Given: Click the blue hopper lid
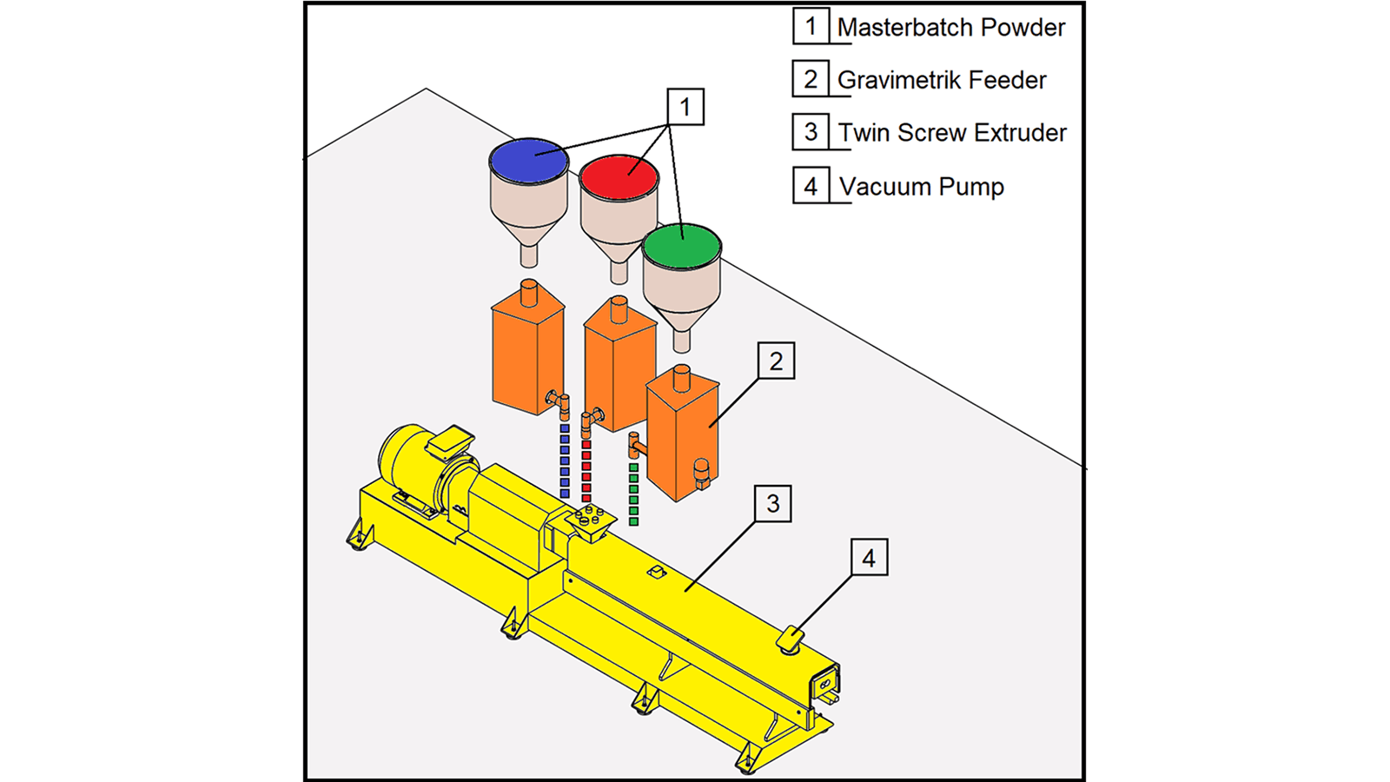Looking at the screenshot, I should click(528, 160).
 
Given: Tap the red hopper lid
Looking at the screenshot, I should click(619, 176).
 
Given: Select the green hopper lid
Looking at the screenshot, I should click(682, 245).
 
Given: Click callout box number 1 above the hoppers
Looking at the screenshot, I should click(685, 107).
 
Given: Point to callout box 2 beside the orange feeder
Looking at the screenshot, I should click(776, 361).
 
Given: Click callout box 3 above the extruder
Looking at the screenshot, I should click(772, 504).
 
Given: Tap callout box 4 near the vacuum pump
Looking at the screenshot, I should click(868, 558).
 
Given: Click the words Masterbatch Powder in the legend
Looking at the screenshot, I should click(950, 28).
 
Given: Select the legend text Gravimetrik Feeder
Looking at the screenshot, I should click(942, 81).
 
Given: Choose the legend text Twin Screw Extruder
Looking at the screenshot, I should click(952, 133).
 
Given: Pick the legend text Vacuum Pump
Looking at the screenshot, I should click(921, 187).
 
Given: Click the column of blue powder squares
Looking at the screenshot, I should click(565, 461).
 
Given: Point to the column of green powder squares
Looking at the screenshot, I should click(633, 494).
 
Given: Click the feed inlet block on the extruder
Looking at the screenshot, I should click(590, 520).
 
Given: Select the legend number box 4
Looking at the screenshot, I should click(810, 186).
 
